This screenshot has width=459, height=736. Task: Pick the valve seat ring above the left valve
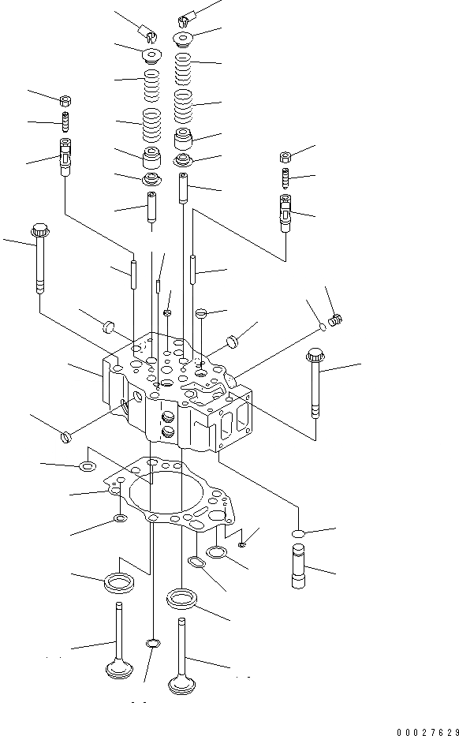119,583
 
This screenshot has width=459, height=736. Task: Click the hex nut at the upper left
66,99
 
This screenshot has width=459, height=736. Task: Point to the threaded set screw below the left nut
65,123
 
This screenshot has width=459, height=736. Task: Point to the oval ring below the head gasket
193,562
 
